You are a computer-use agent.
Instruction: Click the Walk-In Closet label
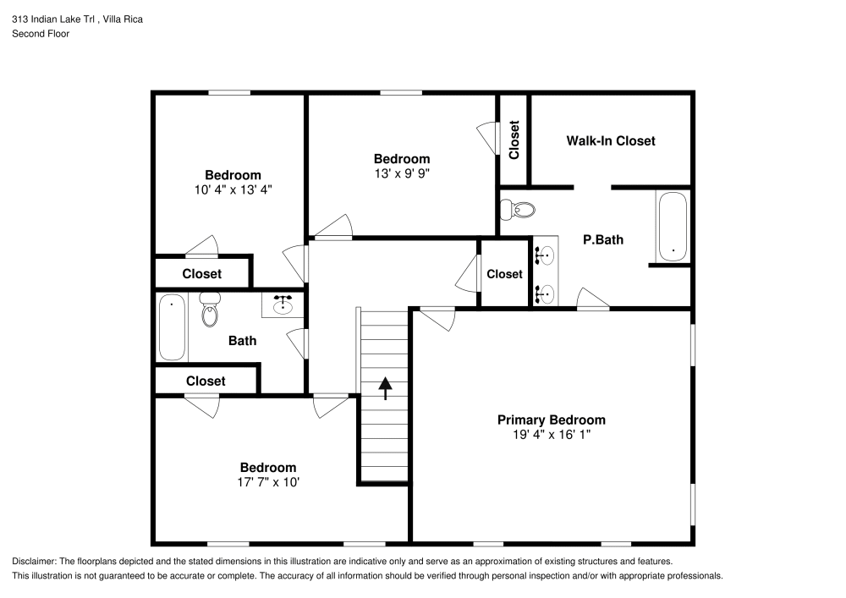(610, 140)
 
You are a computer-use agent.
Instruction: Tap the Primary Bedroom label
(551, 420)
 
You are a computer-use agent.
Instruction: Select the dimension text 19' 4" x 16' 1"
(551, 436)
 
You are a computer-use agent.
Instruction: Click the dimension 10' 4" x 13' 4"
(233, 190)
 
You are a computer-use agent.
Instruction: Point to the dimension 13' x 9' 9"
(402, 174)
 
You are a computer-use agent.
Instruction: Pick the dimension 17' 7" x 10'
(268, 483)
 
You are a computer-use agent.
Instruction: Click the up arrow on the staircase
(386, 388)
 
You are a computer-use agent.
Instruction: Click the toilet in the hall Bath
(209, 310)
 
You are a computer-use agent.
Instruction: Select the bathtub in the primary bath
(673, 226)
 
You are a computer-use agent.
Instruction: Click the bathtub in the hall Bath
(172, 326)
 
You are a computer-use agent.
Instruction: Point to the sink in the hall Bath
(283, 304)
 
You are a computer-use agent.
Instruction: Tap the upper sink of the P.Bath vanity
(546, 253)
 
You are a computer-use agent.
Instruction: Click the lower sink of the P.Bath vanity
(546, 294)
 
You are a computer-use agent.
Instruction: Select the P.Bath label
(603, 239)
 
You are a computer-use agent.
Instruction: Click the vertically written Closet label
(514, 140)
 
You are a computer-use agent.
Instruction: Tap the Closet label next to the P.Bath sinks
(504, 273)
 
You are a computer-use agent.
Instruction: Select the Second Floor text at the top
(41, 34)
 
